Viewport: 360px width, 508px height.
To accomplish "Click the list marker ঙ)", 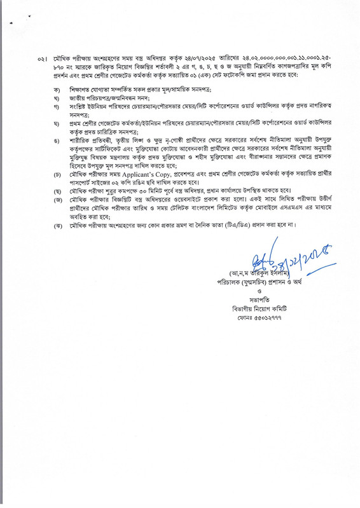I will coord(57,139).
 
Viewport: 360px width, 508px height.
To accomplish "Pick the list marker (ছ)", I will coord(57,191).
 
